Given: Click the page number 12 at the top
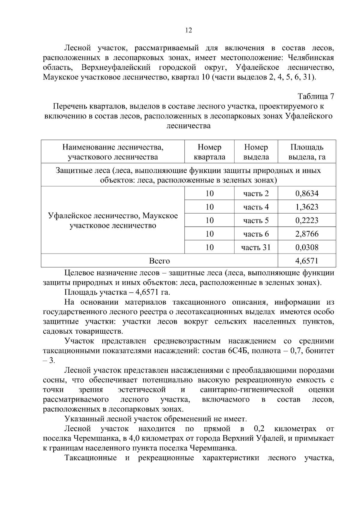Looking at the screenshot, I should pos(189,30).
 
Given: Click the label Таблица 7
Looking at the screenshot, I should pos(316,97).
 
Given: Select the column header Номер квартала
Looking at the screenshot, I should pos(209,152).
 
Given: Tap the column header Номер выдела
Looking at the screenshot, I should pos(256,152).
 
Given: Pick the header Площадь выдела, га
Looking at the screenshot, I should pos(307,152).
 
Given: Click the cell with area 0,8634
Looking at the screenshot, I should pos(307,193).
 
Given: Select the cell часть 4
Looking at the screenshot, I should pos(256,207).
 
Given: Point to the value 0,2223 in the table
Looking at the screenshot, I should pos(307,220).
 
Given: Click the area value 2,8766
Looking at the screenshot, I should pos(307,234).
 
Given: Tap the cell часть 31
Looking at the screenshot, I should pos(256,247).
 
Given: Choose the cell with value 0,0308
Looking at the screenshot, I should pos(307,247).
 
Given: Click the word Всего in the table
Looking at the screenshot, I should pos(159,261).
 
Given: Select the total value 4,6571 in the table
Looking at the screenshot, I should pos(307,261).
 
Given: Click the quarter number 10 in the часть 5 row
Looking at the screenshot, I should pos(209,220).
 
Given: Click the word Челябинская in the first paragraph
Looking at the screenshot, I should pos(310,58).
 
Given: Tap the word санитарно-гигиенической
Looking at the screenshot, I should pos(246,390).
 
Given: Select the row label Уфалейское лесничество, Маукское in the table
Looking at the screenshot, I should pos(113,216).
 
